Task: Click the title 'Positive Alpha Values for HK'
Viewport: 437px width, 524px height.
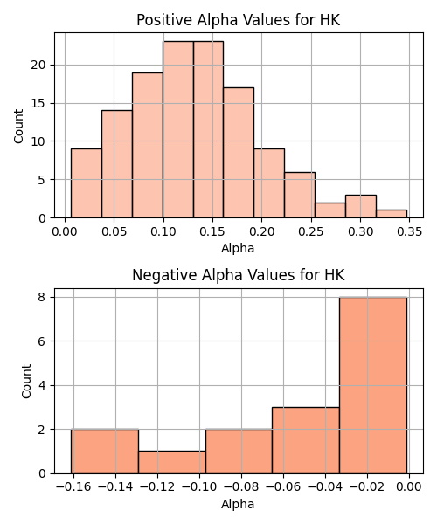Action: tap(238, 20)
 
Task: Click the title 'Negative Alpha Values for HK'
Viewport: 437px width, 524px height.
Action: tap(238, 275)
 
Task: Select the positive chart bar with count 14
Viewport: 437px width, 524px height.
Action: tap(117, 164)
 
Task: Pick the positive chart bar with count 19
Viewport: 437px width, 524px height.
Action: tap(148, 145)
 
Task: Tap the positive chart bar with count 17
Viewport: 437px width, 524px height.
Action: tap(239, 153)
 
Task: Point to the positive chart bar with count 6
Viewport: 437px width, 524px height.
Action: tap(300, 195)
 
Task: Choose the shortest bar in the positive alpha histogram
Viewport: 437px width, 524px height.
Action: tap(392, 214)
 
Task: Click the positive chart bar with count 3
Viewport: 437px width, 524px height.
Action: tap(361, 206)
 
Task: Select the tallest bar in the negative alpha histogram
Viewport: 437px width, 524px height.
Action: tap(373, 385)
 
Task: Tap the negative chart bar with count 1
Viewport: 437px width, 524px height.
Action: tap(172, 463)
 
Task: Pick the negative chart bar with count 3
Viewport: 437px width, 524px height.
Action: tap(306, 440)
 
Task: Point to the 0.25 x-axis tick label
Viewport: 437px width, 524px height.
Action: tap(311, 231)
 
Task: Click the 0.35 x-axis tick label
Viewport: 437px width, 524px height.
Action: tap(410, 231)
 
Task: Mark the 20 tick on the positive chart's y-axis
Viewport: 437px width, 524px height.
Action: tap(38, 65)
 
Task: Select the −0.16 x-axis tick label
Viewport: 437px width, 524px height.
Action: tap(74, 487)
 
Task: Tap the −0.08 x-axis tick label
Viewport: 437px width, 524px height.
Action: tap(242, 487)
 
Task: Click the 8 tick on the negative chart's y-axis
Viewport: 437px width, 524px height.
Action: tap(42, 297)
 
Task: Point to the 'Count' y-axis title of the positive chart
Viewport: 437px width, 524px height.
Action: tap(18, 127)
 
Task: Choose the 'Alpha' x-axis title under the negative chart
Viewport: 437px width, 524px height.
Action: tap(238, 504)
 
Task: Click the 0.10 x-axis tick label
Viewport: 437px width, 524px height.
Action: tap(163, 231)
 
